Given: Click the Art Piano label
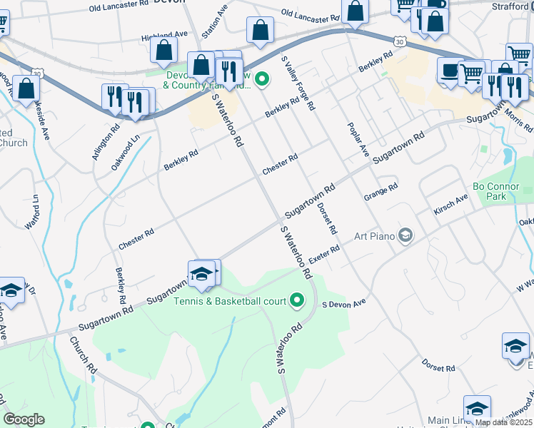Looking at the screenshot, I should click(x=376, y=235).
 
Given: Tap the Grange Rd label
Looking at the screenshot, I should click(x=380, y=192).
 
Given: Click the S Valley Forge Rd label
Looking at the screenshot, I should click(x=298, y=83).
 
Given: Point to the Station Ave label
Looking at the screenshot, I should click(x=213, y=24).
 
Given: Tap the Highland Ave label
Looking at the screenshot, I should click(x=164, y=34).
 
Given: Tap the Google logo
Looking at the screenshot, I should click(x=24, y=419).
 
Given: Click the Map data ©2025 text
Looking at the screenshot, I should click(x=503, y=422).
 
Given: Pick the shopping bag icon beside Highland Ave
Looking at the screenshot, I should click(x=164, y=50).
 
